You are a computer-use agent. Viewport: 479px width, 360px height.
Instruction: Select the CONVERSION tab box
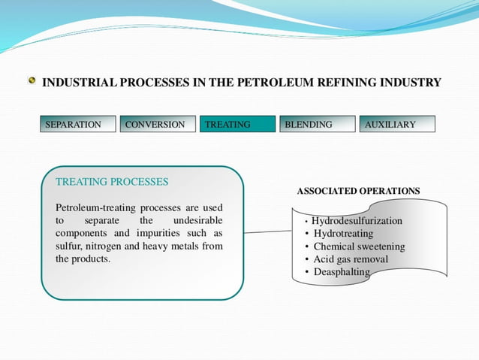[158, 124]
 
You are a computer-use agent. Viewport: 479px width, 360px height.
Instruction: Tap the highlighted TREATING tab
[237, 124]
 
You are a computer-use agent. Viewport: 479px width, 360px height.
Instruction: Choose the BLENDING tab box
[317, 124]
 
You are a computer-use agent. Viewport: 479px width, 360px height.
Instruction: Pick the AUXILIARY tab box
[397, 124]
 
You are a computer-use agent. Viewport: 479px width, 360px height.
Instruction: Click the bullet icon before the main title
[32, 81]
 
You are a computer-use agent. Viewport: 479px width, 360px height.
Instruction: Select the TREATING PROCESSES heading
[112, 182]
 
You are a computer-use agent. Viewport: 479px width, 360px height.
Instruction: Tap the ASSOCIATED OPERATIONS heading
[358, 191]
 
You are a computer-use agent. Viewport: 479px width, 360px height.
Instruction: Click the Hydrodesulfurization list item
[357, 221]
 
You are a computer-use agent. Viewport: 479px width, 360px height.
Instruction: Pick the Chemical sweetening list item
[359, 247]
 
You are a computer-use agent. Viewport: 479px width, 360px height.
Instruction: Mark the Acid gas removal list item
[351, 259]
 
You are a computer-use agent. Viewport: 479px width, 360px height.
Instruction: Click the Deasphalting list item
[342, 271]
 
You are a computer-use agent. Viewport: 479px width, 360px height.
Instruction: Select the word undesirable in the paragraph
[197, 220]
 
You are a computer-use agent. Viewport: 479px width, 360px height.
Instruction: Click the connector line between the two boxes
[267, 232]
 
